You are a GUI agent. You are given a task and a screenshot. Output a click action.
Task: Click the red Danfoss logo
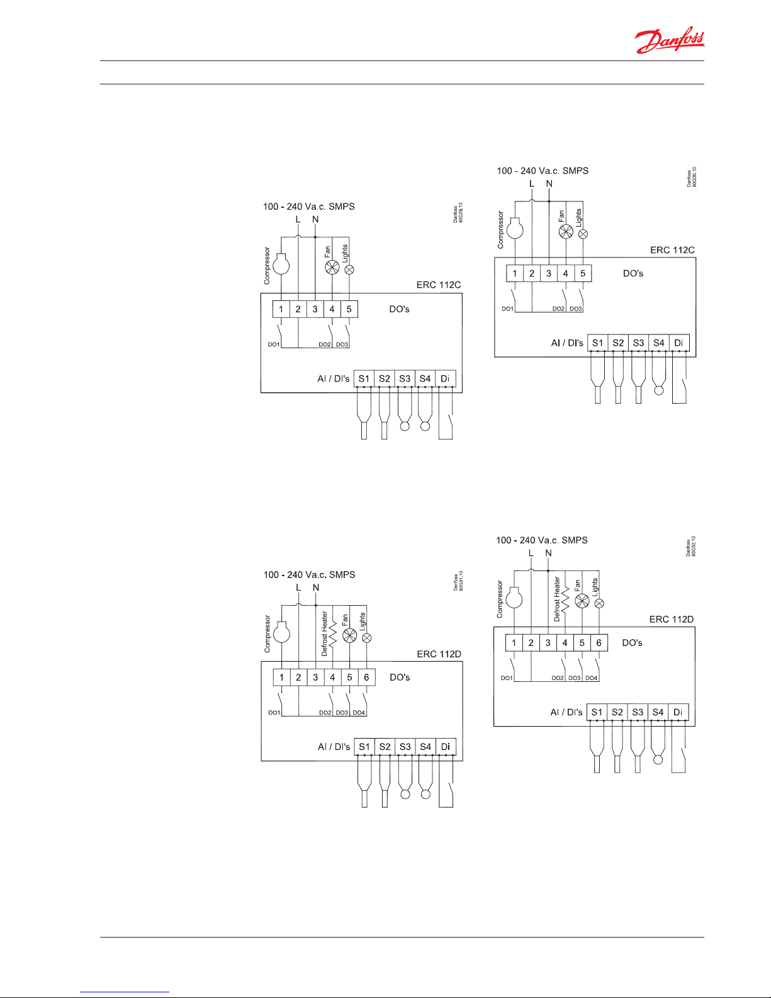670,40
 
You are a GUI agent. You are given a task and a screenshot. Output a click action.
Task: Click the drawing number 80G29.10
461,212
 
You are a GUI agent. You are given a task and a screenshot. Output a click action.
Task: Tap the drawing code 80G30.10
694,177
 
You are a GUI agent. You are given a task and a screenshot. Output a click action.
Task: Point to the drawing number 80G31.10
461,581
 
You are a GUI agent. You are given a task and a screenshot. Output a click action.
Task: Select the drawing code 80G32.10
693,546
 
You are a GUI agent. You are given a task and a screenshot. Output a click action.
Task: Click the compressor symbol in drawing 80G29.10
281,264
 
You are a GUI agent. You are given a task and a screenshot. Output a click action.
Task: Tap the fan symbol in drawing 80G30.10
566,232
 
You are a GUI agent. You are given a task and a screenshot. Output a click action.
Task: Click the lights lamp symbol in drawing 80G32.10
599,603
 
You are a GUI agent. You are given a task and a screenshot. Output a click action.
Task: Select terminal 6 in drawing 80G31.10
366,678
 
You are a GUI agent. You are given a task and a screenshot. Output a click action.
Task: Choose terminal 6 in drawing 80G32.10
599,643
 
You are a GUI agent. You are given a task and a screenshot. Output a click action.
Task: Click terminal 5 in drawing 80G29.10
349,309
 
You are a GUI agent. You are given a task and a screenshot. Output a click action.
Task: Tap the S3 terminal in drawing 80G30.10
638,343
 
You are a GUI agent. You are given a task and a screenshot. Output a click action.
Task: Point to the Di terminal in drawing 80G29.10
445,378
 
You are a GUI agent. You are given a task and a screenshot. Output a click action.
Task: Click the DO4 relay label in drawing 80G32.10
591,678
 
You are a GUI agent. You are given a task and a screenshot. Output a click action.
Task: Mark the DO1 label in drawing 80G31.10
274,713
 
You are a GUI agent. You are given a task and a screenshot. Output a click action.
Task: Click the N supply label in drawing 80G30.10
549,184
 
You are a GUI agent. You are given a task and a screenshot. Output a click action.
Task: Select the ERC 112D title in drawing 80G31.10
439,654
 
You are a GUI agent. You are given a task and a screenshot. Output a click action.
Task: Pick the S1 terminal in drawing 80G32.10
597,712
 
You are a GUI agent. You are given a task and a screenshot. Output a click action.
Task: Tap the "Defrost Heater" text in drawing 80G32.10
557,599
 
